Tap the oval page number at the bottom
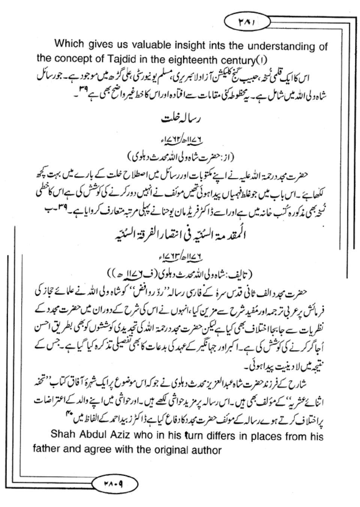114,484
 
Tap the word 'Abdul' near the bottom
92,436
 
